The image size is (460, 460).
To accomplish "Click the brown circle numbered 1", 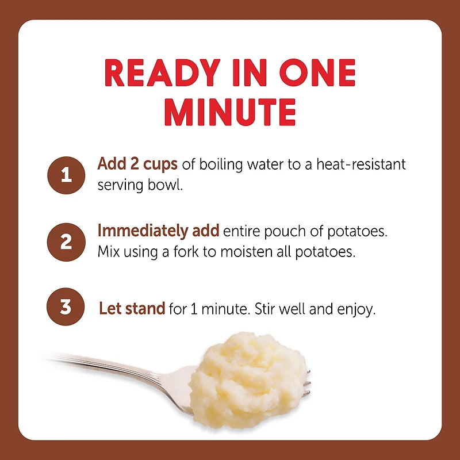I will [x=66, y=175].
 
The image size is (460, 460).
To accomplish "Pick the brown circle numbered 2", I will [x=66, y=241].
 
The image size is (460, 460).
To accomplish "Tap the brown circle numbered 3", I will [x=66, y=307].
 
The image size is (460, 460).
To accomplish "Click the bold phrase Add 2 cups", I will [x=138, y=164].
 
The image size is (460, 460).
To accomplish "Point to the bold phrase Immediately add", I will [x=158, y=231].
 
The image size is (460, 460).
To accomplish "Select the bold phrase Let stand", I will [x=132, y=309].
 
